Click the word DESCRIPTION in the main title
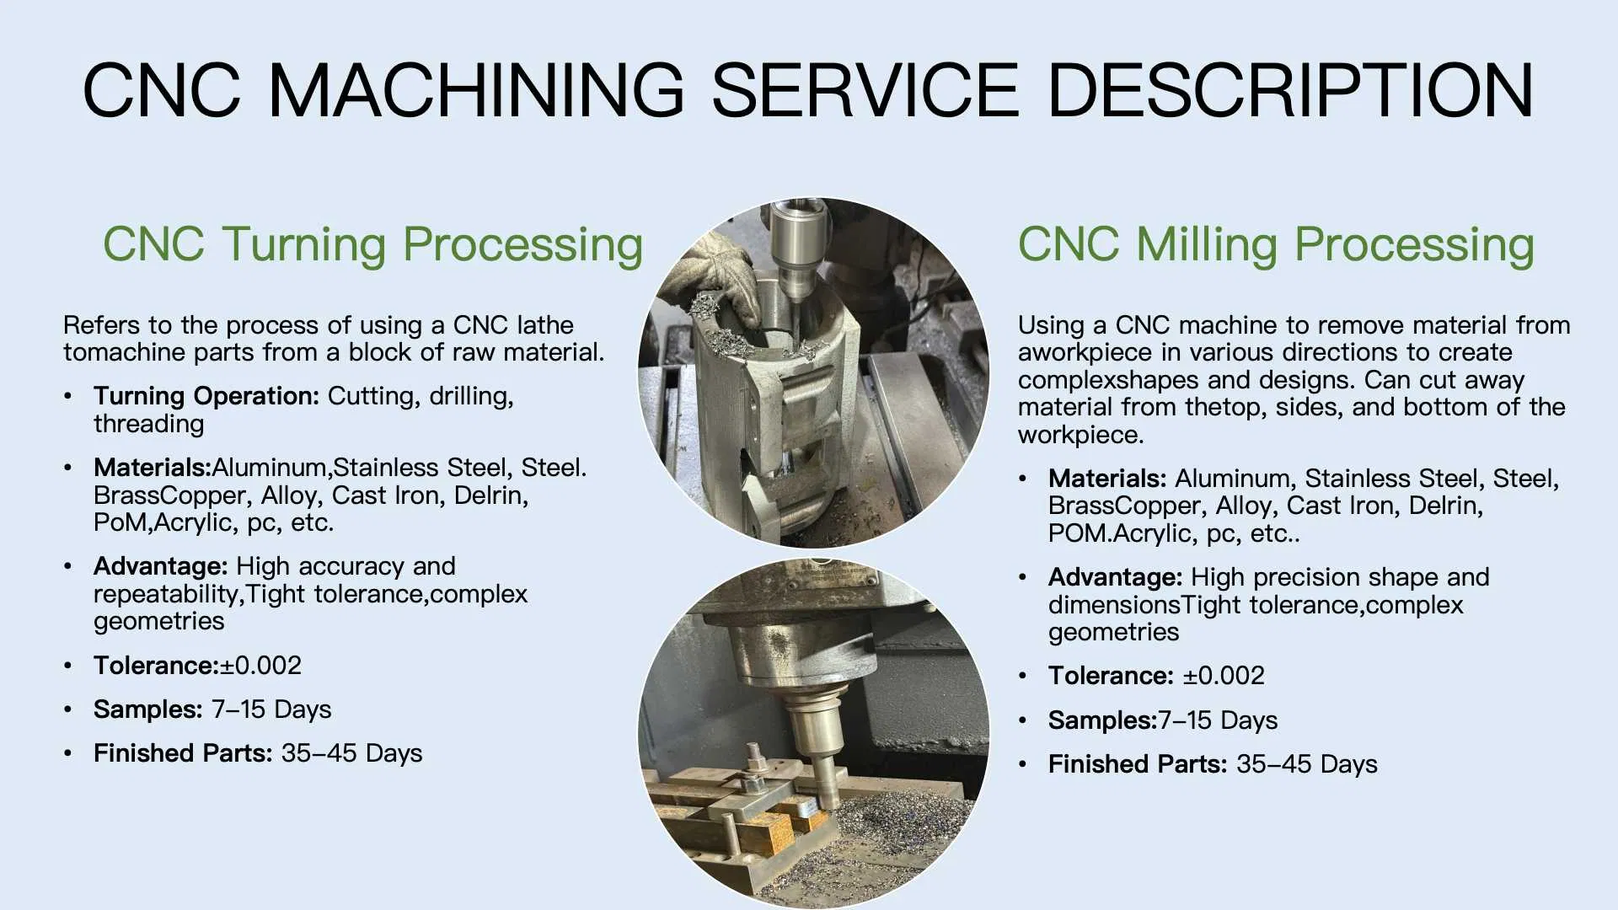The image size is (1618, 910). click(1290, 90)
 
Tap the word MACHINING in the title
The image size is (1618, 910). click(475, 90)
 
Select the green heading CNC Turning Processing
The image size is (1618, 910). click(372, 244)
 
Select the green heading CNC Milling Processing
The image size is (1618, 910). click(1276, 244)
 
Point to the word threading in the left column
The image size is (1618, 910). click(148, 424)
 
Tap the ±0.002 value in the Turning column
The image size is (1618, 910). click(260, 666)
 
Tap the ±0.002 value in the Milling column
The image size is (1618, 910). click(1224, 676)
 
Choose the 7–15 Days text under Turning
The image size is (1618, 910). click(271, 709)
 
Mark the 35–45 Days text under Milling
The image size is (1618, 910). click(1306, 764)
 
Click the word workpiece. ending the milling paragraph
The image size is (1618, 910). click(1080, 436)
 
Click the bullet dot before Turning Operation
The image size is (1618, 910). click(68, 396)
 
